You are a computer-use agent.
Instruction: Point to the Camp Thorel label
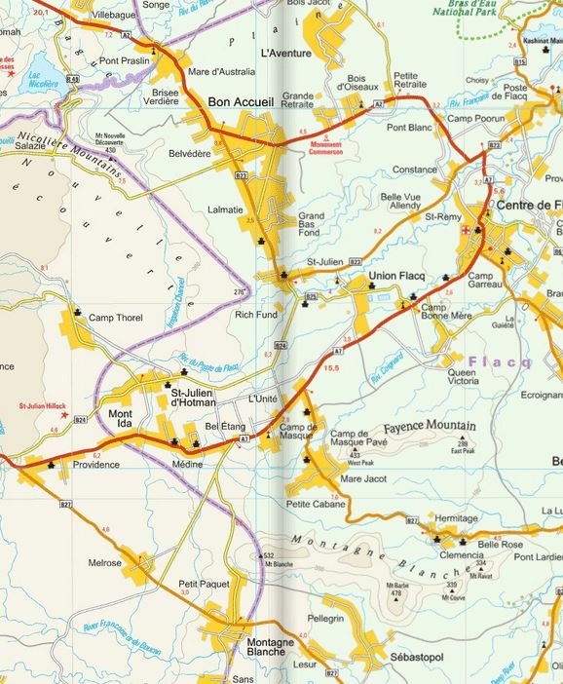(x=115, y=318)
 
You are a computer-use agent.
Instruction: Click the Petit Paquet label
(x=202, y=584)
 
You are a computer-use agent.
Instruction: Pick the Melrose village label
(x=104, y=563)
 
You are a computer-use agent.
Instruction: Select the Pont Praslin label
(x=123, y=60)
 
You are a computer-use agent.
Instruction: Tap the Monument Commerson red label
(x=325, y=148)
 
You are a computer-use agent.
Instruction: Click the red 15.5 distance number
(x=331, y=367)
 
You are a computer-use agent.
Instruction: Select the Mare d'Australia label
(x=221, y=71)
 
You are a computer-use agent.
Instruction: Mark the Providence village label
(x=96, y=465)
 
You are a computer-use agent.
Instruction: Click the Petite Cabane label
(x=316, y=504)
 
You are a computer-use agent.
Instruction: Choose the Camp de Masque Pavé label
(x=361, y=438)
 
